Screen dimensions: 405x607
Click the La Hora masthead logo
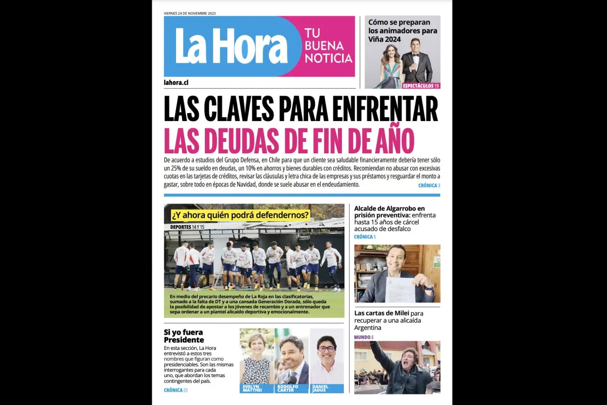231,46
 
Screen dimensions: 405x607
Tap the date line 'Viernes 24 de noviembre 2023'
190,13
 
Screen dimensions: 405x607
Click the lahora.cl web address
176,83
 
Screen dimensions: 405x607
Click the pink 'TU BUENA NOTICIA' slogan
328,46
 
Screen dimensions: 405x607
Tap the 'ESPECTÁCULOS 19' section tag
421,86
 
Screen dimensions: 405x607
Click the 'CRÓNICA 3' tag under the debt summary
429,186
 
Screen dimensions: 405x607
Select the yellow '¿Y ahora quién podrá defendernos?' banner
240,215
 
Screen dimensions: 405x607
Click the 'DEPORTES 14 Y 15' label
187,227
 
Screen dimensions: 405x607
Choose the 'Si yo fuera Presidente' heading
184,336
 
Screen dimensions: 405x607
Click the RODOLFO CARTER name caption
289,388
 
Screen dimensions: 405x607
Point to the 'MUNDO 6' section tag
364,337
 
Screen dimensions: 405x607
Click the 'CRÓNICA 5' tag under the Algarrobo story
365,237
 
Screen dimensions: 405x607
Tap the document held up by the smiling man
400,289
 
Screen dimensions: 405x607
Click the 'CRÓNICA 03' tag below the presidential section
176,390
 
